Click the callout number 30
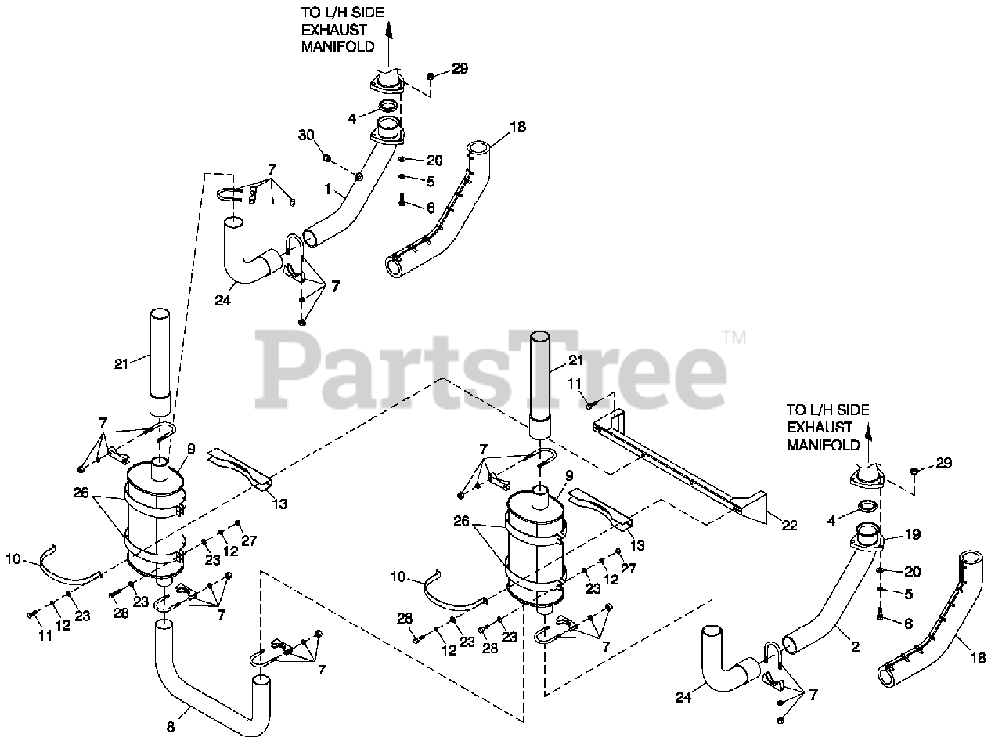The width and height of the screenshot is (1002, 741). pyautogui.click(x=306, y=136)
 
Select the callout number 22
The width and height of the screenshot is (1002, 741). pyautogui.click(x=789, y=526)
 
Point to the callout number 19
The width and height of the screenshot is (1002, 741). pyautogui.click(x=912, y=535)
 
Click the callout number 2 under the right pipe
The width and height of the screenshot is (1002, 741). pyautogui.click(x=855, y=647)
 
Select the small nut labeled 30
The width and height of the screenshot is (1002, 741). pyautogui.click(x=328, y=159)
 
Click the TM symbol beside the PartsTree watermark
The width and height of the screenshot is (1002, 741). pyautogui.click(x=733, y=338)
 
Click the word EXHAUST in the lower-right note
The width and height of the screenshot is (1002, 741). pyautogui.click(x=820, y=428)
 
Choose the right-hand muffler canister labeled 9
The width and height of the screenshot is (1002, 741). pyautogui.click(x=535, y=548)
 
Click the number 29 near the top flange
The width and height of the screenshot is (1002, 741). pyautogui.click(x=460, y=69)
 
